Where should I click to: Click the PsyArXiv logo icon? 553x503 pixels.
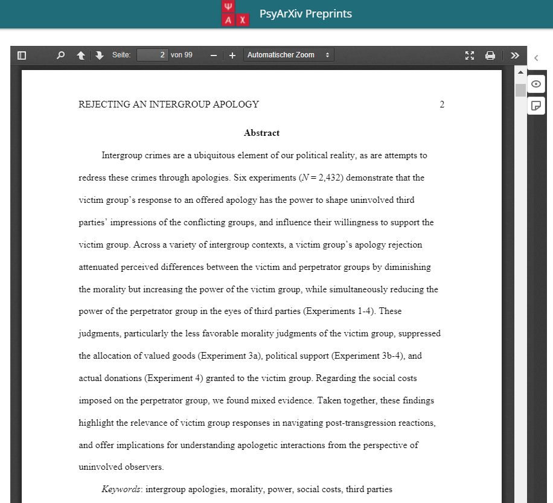(x=235, y=14)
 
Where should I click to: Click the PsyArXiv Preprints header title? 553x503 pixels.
(x=305, y=14)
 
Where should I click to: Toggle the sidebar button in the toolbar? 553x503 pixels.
(x=22, y=56)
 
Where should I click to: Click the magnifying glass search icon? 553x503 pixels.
(x=60, y=56)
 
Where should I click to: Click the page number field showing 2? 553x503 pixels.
(x=152, y=55)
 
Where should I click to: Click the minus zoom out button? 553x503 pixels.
(x=213, y=56)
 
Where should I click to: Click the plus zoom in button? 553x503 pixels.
(x=232, y=56)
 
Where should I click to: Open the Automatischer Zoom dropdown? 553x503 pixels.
(x=289, y=55)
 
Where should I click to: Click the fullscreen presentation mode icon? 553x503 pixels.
(x=470, y=56)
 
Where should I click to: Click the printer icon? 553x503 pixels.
(x=490, y=56)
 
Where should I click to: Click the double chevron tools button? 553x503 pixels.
(x=514, y=56)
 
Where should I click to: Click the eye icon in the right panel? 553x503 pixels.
(x=535, y=84)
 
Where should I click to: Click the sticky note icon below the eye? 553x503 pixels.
(x=535, y=106)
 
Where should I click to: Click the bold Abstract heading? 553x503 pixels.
(x=261, y=133)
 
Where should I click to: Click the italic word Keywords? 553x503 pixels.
(x=120, y=489)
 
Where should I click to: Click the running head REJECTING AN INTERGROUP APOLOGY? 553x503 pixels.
(x=168, y=104)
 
